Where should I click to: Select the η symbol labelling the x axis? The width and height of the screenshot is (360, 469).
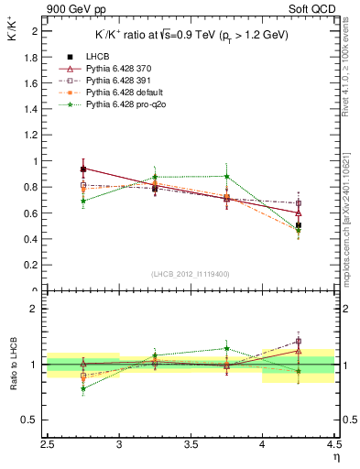[x=336, y=456]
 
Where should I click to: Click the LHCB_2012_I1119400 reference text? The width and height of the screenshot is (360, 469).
[x=191, y=275]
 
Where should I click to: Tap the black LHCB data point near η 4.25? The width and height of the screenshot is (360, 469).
[x=298, y=225]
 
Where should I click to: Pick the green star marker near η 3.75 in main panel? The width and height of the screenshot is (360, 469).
[x=226, y=176]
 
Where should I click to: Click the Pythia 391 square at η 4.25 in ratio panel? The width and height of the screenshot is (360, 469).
[x=298, y=342]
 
